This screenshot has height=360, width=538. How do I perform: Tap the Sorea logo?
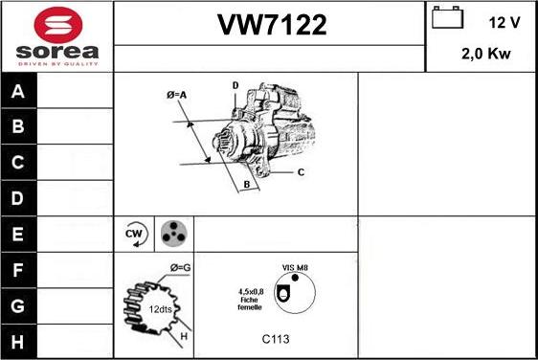[x=57, y=36]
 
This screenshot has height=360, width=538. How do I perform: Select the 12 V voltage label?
[x=504, y=22]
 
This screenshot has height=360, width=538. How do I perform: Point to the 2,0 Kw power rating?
[x=485, y=55]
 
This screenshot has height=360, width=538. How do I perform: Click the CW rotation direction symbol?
[x=134, y=233]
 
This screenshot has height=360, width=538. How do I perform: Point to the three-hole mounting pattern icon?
[x=172, y=233]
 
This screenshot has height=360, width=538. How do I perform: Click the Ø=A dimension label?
[x=175, y=94]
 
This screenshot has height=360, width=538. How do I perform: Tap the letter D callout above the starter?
[x=235, y=86]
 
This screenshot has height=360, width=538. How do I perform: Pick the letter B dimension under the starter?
[x=246, y=184]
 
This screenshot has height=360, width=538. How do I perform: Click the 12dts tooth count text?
[x=162, y=309]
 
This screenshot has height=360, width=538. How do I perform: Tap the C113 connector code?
[x=276, y=339]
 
